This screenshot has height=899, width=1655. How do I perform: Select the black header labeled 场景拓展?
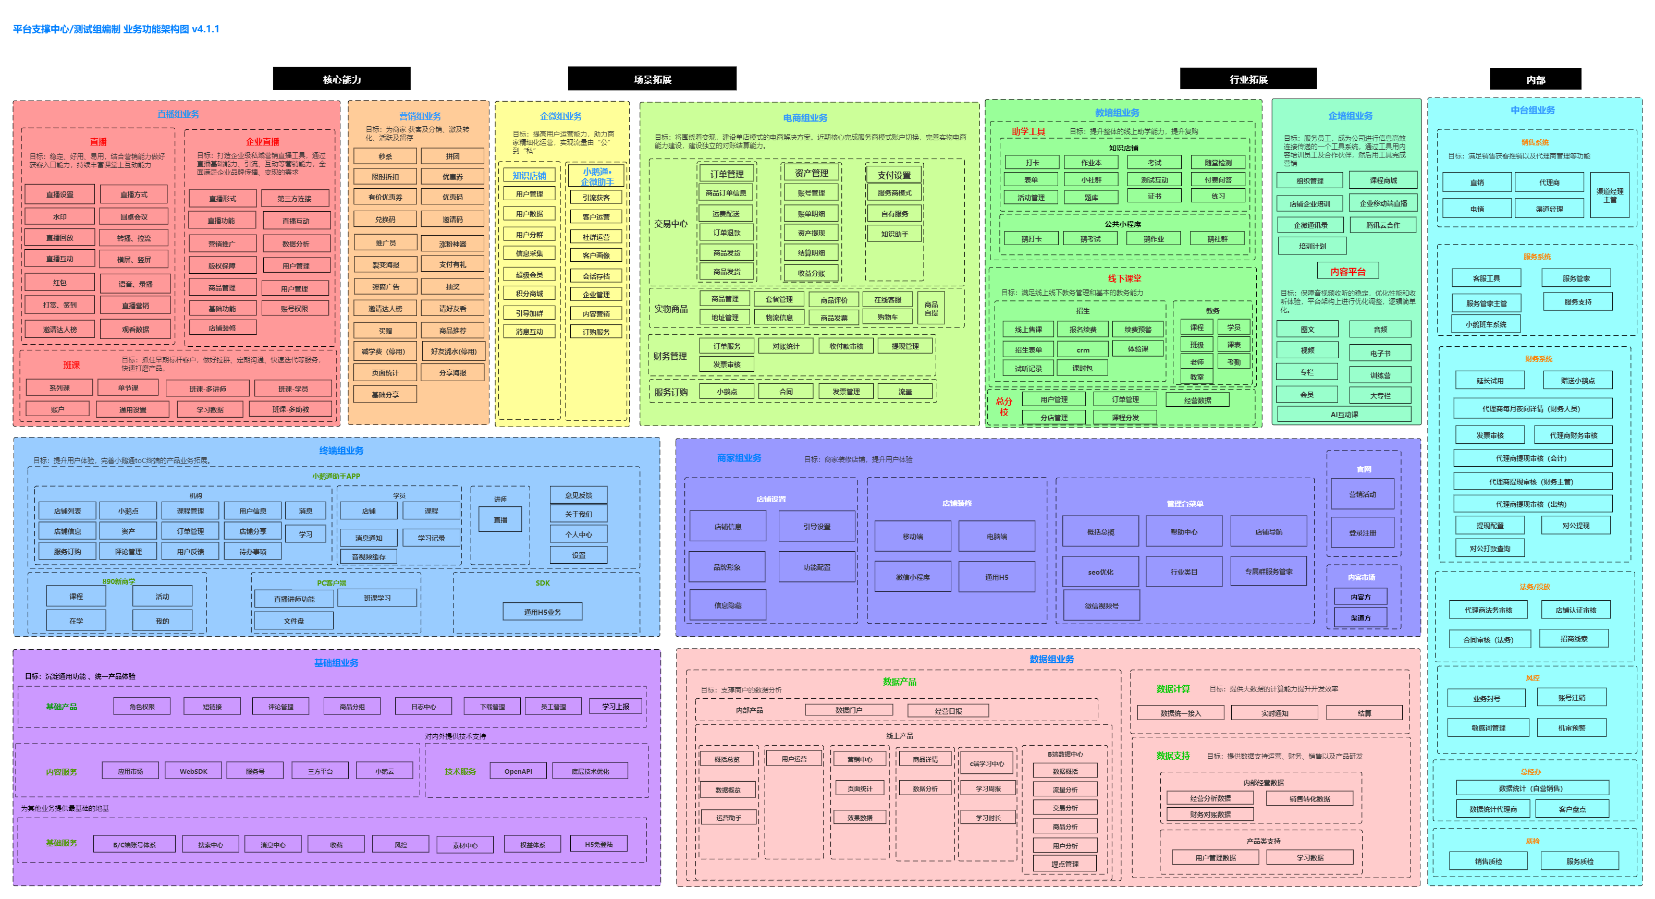click(652, 79)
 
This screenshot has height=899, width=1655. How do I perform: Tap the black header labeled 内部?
click(1535, 80)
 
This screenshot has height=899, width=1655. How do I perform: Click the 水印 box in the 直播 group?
click(60, 216)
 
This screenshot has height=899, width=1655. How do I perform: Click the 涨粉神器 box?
click(452, 244)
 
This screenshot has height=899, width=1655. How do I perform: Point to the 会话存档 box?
click(596, 276)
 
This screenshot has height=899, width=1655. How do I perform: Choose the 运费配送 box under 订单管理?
click(726, 213)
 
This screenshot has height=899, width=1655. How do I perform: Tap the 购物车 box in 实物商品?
click(887, 317)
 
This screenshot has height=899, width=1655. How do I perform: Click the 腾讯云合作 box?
click(1382, 225)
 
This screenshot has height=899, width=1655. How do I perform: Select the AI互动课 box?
click(1344, 415)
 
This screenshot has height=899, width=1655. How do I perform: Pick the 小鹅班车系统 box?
click(1486, 324)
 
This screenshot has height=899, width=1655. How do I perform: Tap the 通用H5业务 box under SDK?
click(542, 612)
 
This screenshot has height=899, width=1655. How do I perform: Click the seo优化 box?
click(1100, 572)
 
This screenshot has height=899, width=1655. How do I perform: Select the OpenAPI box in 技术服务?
click(518, 771)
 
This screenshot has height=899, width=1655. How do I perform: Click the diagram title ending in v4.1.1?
click(116, 29)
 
